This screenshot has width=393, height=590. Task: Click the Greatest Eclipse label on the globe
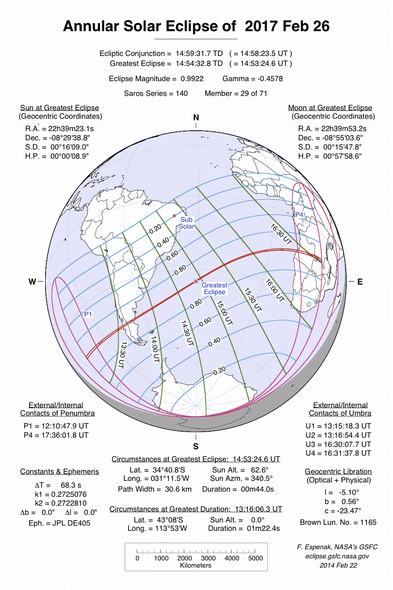pyautogui.click(x=214, y=289)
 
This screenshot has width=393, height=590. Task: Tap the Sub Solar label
pyautogui.click(x=187, y=223)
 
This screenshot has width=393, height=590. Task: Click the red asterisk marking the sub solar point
pyautogui.click(x=174, y=216)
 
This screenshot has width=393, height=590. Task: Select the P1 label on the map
pyautogui.click(x=88, y=314)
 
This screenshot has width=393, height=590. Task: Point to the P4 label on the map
pyautogui.click(x=299, y=215)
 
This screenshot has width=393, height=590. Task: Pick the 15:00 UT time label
pyautogui.click(x=224, y=313)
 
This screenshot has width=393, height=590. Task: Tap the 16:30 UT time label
pyautogui.click(x=281, y=234)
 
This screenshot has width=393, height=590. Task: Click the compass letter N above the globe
pyautogui.click(x=196, y=118)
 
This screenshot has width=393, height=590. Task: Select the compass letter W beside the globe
pyautogui.click(x=32, y=282)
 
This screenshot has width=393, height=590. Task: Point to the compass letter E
pyautogui.click(x=360, y=282)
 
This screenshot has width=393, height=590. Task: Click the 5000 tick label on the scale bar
pyautogui.click(x=255, y=558)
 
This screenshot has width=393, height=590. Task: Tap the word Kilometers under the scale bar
pyautogui.click(x=196, y=566)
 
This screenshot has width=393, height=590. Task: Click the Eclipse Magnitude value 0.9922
pyautogui.click(x=192, y=79)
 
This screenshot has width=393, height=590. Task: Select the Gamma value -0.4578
pyautogui.click(x=270, y=79)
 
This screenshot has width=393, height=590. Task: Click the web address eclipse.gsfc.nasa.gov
pyautogui.click(x=337, y=556)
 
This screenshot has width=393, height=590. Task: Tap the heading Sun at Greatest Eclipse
pyautogui.click(x=60, y=108)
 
